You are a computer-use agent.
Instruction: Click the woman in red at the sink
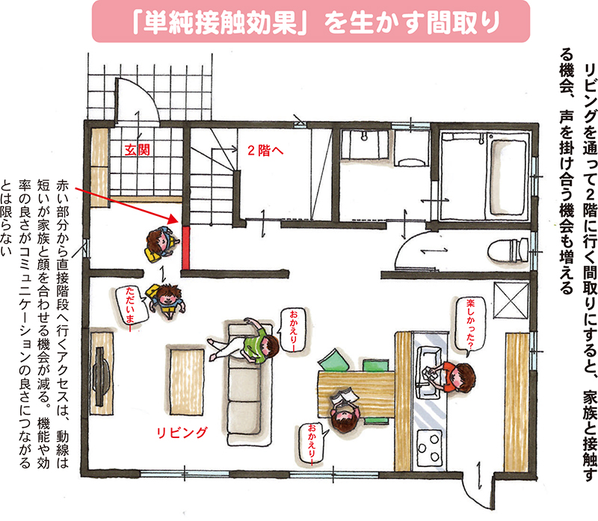(x=458, y=375)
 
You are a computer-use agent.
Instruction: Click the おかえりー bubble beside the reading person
(x=312, y=444)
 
